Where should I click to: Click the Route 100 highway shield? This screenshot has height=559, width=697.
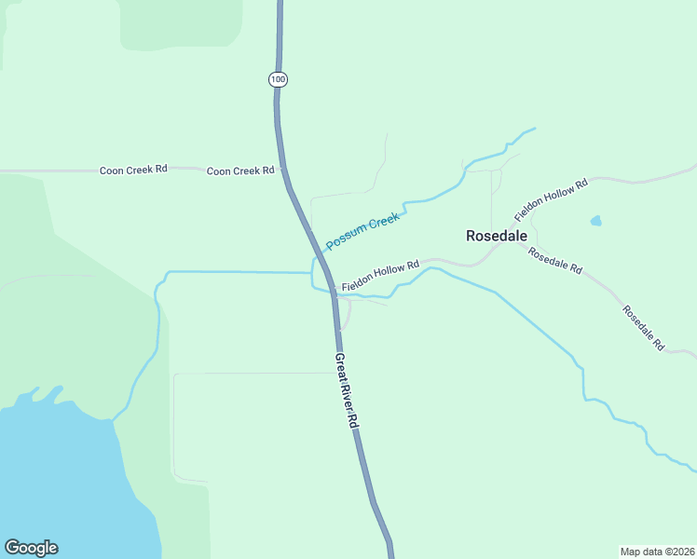[278, 79]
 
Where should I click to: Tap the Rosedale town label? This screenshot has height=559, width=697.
[497, 237]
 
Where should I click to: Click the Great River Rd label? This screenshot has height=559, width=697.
[347, 390]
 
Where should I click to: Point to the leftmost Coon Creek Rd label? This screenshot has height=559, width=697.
[133, 170]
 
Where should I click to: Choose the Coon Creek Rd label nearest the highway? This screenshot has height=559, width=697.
[240, 170]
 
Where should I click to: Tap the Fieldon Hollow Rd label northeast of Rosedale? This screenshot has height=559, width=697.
[551, 198]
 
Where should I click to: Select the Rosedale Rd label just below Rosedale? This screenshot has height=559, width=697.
[554, 260]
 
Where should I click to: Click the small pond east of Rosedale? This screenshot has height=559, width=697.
[595, 222]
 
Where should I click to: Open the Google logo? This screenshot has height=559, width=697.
[31, 548]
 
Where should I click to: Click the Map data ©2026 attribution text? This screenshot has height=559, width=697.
[656, 551]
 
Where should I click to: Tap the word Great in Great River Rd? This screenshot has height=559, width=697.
[340, 366]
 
